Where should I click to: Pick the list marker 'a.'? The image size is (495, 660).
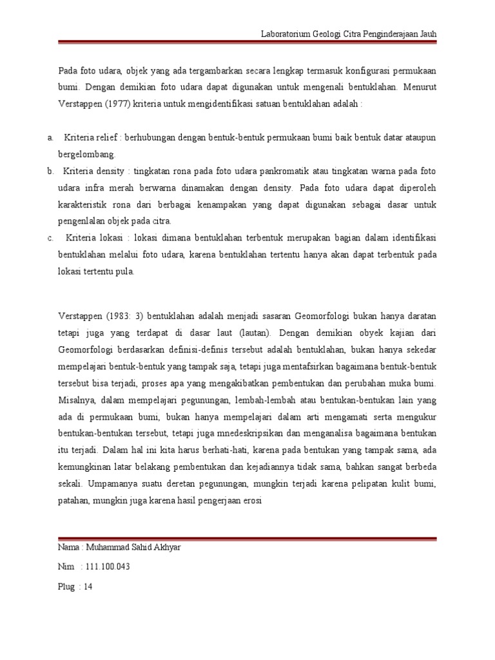pyautogui.click(x=51, y=137)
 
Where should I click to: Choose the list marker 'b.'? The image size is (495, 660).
pyautogui.click(x=51, y=171)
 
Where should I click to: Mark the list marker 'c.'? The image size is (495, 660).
pyautogui.click(x=51, y=238)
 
